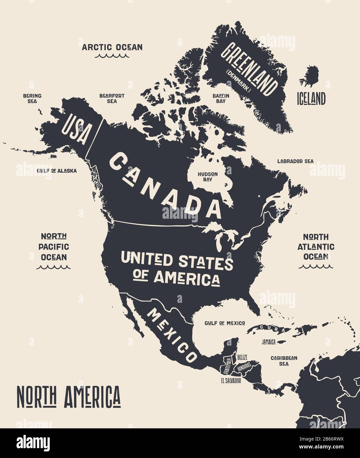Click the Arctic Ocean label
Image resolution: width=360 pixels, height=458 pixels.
(112, 47)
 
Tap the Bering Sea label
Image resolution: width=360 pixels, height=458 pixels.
(32, 98)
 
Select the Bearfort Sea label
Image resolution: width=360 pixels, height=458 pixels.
(112, 98)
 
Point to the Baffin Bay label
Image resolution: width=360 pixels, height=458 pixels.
(221, 98)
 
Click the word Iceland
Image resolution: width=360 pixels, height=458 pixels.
(311, 99)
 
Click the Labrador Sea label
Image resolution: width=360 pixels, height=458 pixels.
(295, 161)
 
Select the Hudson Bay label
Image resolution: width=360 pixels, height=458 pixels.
(208, 177)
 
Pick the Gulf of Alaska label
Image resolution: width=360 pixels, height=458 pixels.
(57, 171)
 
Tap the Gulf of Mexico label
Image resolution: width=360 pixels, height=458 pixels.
(225, 323)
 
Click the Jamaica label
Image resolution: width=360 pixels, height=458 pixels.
(269, 342)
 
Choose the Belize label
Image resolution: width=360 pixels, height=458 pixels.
(242, 357)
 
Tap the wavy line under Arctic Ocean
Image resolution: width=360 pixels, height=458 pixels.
(112, 56)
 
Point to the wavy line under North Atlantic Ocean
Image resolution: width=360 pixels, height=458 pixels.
(316, 266)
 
